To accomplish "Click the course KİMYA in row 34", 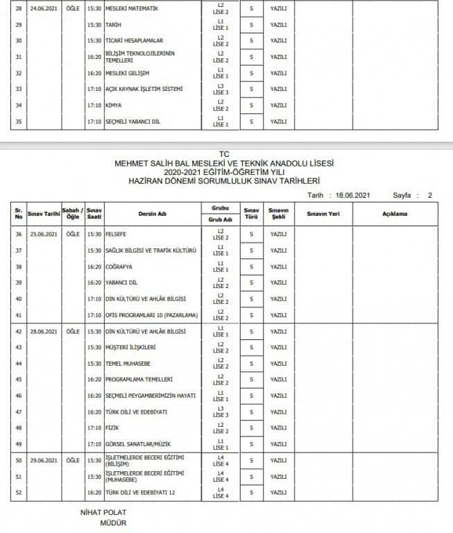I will coord(114,105).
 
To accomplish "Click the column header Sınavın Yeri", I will coord(323,214).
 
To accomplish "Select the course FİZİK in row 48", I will coord(113,428).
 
